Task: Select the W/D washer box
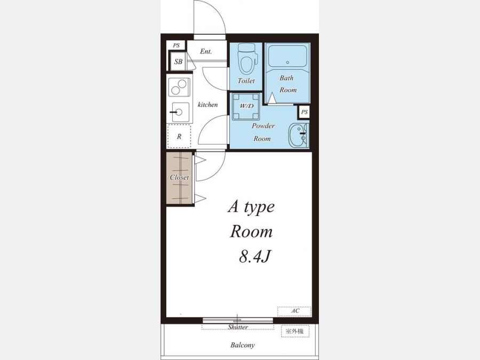(x=246, y=107)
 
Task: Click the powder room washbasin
(x=299, y=135)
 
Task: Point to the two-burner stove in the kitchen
(x=179, y=87)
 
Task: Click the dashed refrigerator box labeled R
(x=179, y=136)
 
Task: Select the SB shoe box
(x=178, y=61)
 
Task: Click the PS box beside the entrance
(x=177, y=45)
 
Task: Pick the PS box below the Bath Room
(x=304, y=112)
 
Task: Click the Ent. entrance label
(x=206, y=51)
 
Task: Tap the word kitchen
(x=207, y=105)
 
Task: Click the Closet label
(x=179, y=177)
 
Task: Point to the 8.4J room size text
(x=255, y=257)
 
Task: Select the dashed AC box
(x=294, y=311)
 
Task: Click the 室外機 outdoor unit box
(x=295, y=331)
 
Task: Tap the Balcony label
(x=243, y=345)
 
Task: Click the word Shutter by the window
(x=237, y=327)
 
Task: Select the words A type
(x=251, y=207)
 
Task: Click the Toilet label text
(x=246, y=81)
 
